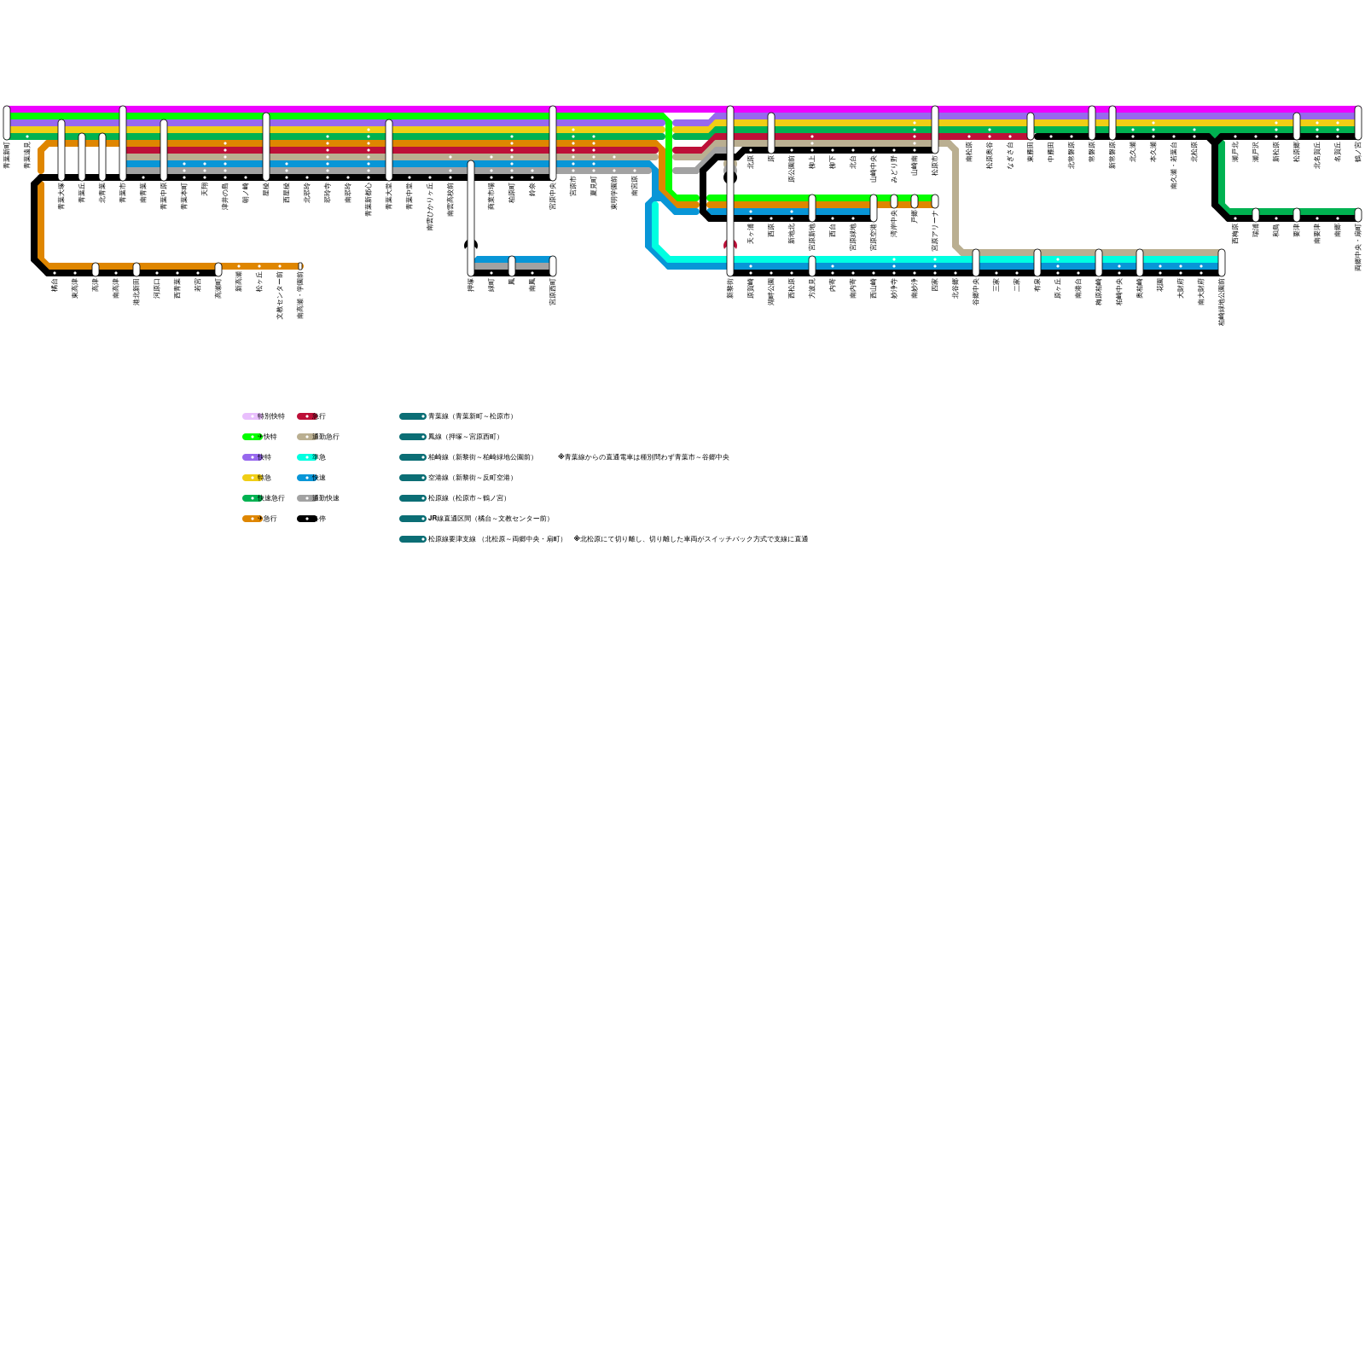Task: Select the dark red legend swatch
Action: tap(306, 416)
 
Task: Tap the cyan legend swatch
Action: tap(306, 457)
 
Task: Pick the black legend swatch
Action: tap(306, 519)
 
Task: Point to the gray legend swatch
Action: tap(306, 498)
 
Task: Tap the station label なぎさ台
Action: tap(1010, 156)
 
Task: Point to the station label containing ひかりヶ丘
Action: tap(430, 205)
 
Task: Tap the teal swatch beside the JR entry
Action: tap(412, 519)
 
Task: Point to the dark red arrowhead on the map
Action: tap(730, 244)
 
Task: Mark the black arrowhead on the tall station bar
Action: tap(471, 244)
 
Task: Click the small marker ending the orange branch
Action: tap(300, 266)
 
